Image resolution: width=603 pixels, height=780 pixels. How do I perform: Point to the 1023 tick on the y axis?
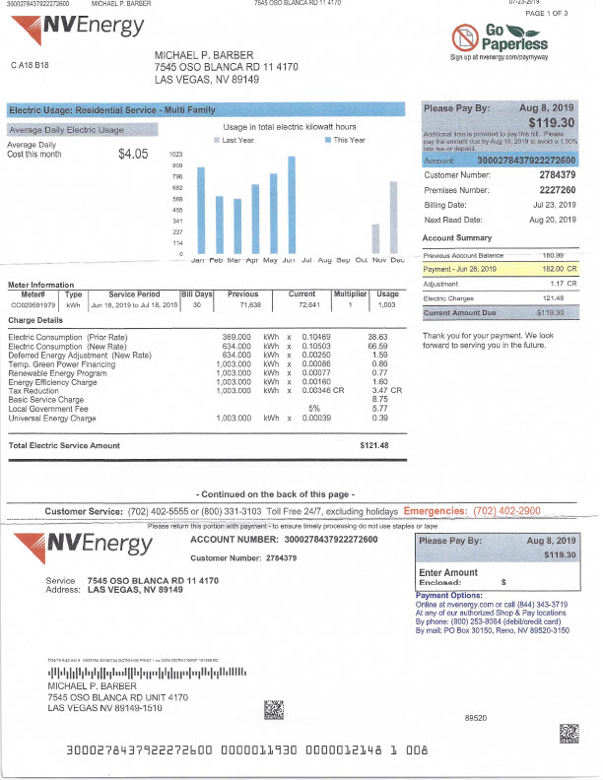click(x=176, y=155)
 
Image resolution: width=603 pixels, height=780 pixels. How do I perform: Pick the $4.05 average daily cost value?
click(x=132, y=154)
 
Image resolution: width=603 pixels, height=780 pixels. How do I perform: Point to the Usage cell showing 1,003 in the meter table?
click(x=387, y=305)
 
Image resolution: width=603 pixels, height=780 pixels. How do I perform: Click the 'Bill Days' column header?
click(x=197, y=293)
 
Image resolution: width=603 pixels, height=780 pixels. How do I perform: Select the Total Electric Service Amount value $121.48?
click(x=374, y=446)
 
